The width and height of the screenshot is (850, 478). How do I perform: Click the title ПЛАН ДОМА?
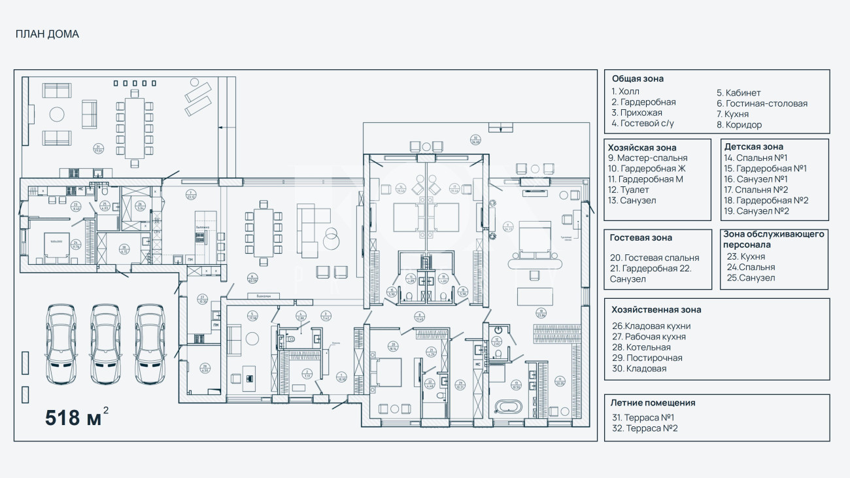coord(47,35)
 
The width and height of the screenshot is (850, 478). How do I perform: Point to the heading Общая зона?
coord(637,78)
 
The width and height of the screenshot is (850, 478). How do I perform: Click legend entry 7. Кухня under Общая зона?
coord(732,114)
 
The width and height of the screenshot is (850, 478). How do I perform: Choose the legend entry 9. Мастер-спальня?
coord(647,158)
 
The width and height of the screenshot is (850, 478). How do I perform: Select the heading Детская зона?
coord(753,146)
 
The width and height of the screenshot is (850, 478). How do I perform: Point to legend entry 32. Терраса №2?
coord(645,428)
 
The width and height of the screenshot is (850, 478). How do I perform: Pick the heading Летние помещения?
coord(653,403)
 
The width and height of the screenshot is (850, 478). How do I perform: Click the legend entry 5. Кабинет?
coord(738,93)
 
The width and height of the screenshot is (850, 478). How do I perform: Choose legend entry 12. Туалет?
coord(632,190)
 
